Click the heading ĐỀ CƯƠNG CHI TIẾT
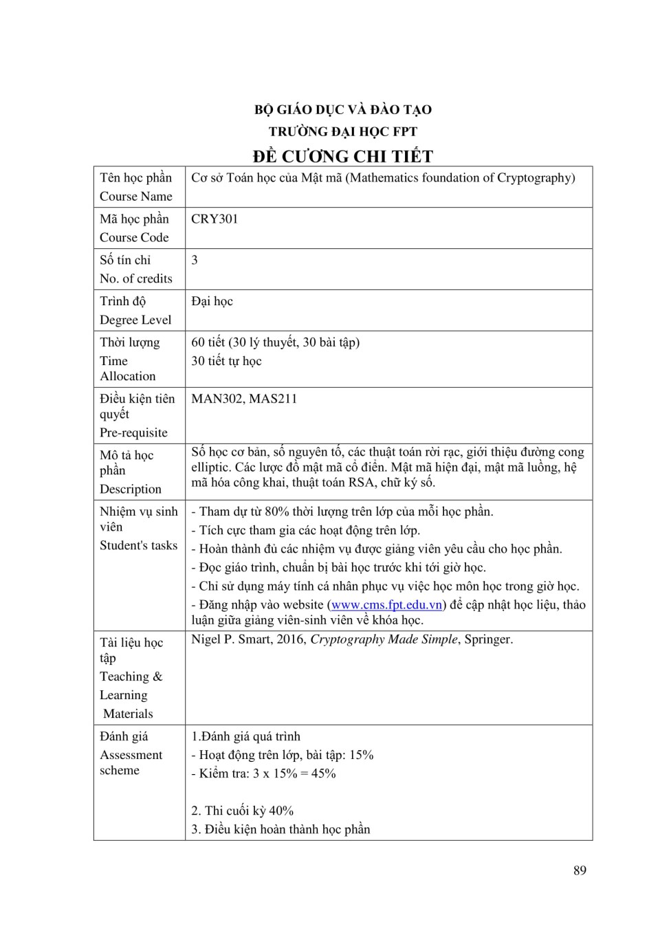point(342,156)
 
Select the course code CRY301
point(214,219)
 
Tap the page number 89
point(580,870)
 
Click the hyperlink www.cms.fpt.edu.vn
point(386,605)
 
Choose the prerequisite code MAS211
point(273,399)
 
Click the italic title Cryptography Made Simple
point(384,639)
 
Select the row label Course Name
point(136,197)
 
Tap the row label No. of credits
point(136,279)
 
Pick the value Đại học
point(212,302)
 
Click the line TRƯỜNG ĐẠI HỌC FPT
point(342,131)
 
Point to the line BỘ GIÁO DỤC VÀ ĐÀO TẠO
point(342,109)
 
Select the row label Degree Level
point(135,320)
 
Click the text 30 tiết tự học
point(226,362)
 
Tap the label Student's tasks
point(138,546)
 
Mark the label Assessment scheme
point(131,762)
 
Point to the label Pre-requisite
point(133,433)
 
